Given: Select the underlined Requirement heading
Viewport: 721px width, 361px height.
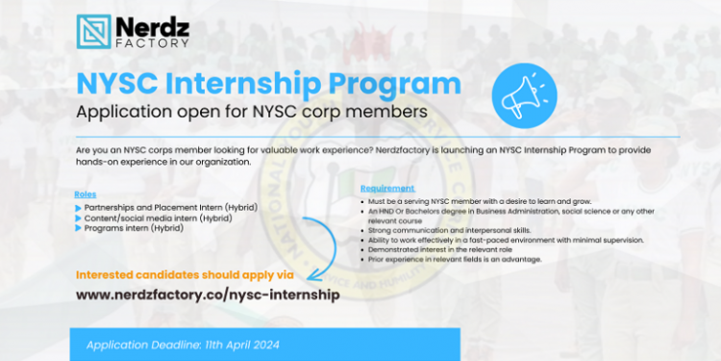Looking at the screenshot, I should [387, 188].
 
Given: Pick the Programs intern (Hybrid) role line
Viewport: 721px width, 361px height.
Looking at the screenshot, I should [134, 228].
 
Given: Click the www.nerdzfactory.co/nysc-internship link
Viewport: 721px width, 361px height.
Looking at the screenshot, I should [207, 294].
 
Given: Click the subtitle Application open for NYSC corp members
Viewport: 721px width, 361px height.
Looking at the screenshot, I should [252, 113].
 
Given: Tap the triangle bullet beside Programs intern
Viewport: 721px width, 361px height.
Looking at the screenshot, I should [78, 228].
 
